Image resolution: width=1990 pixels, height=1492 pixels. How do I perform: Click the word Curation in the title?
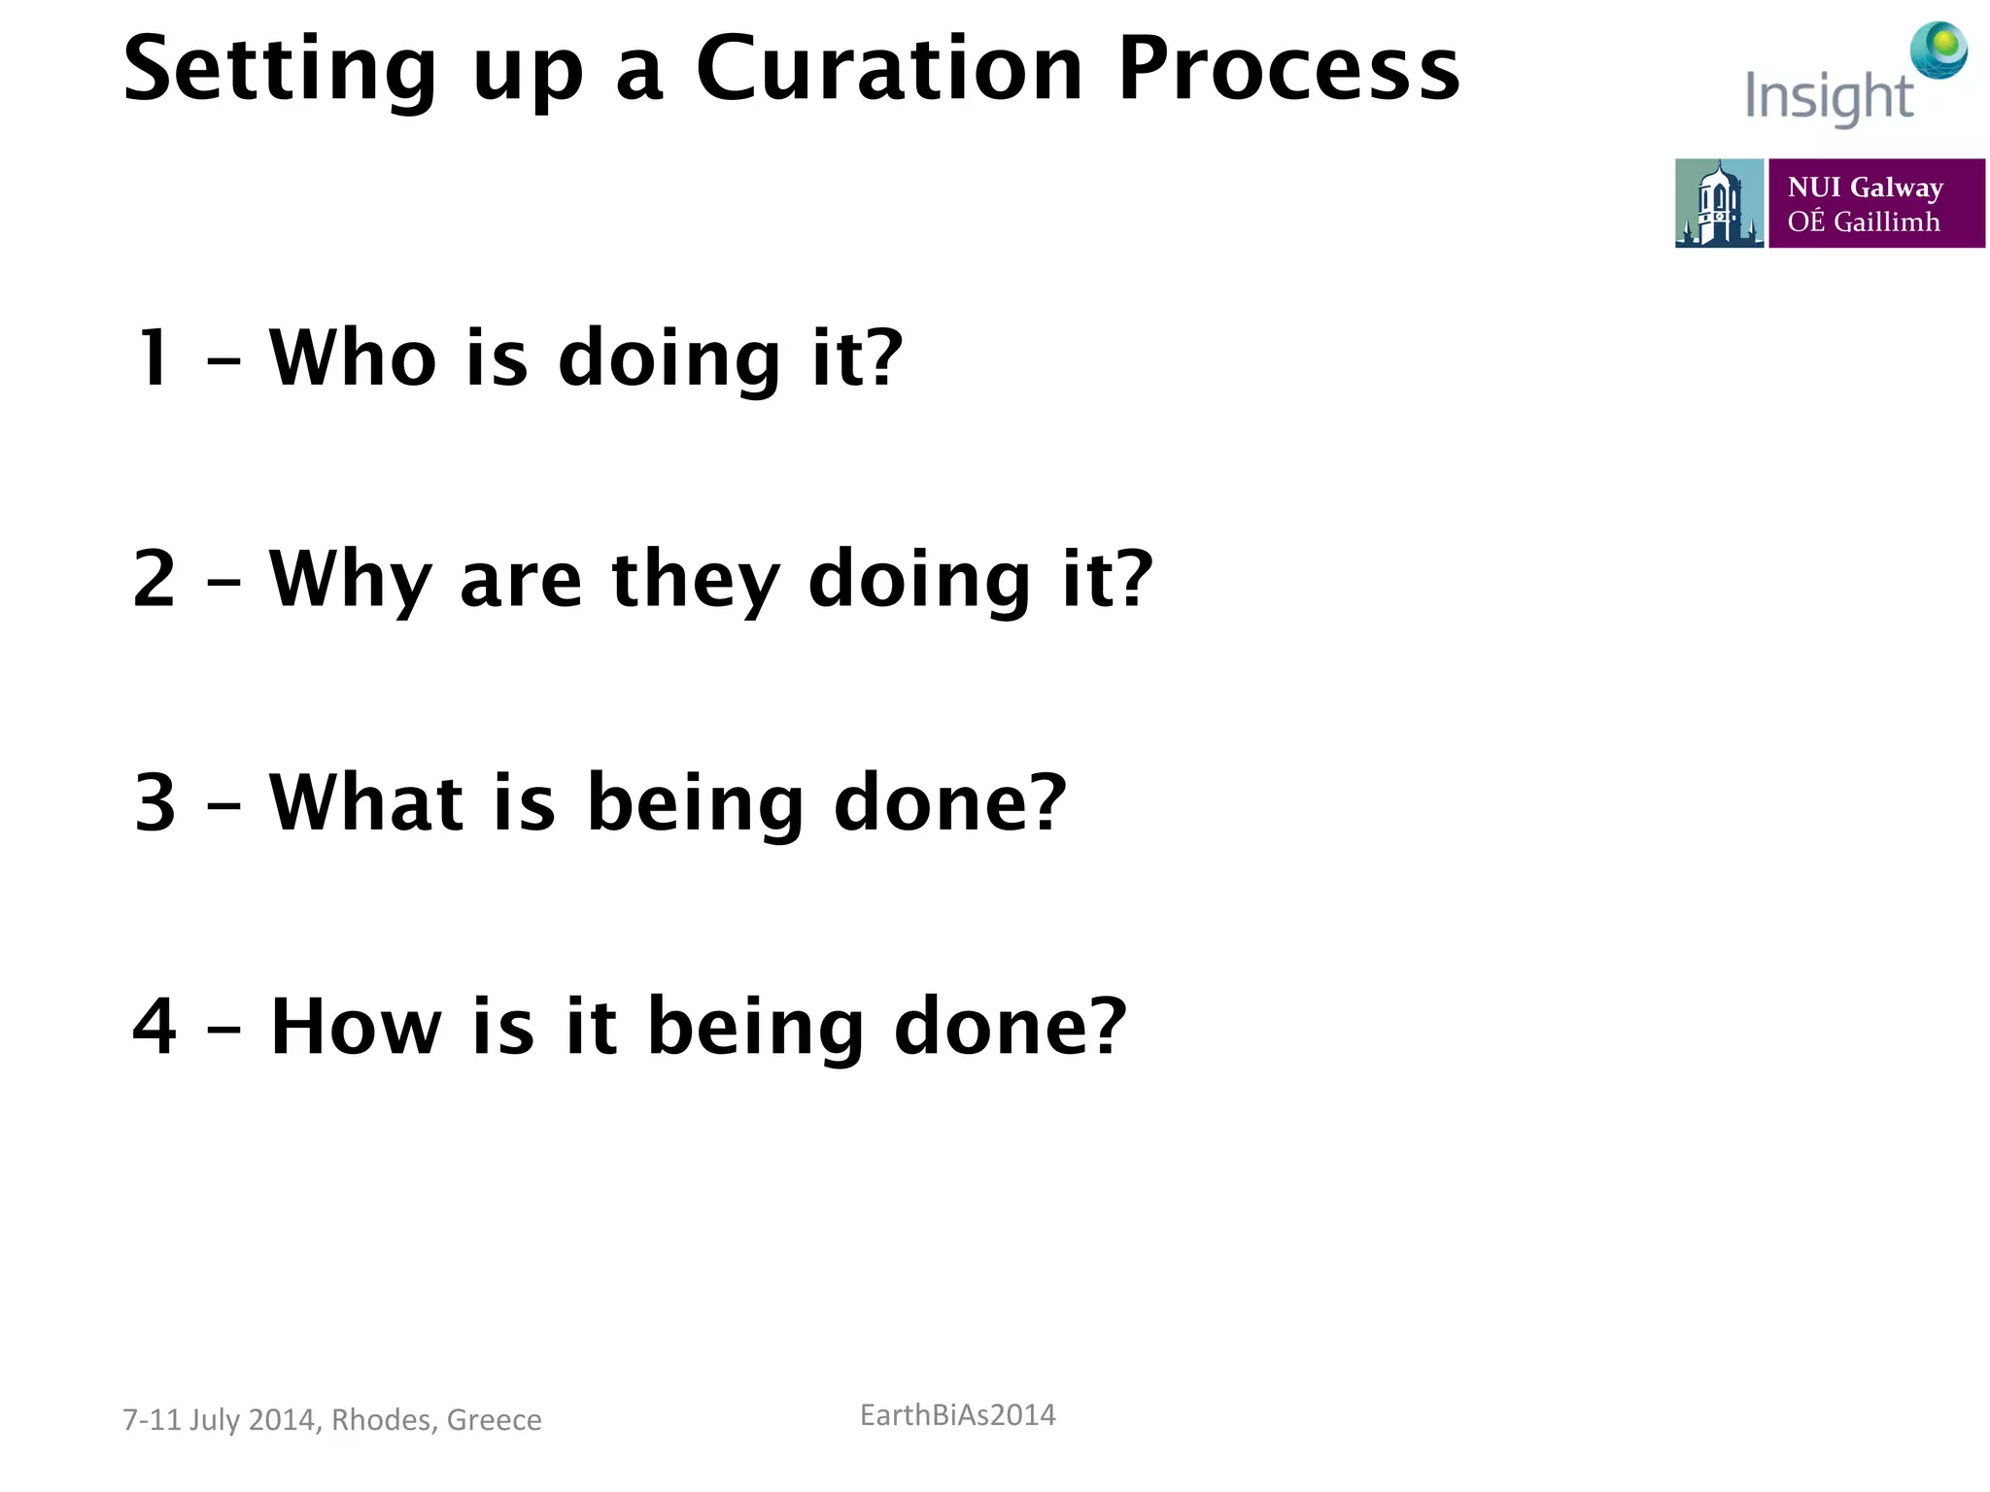(x=888, y=70)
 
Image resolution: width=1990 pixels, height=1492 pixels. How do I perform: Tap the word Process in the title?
(x=1288, y=70)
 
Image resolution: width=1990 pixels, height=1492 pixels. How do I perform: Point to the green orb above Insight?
(x=1939, y=48)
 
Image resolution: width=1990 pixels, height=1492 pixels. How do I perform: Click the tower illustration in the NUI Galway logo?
(x=1718, y=203)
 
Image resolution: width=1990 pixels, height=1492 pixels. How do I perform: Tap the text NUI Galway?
(x=1865, y=186)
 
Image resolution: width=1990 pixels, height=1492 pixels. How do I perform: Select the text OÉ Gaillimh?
(x=1863, y=222)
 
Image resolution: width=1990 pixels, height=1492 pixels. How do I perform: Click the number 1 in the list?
(x=154, y=358)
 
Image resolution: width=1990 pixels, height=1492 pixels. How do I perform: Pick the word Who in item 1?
(x=353, y=358)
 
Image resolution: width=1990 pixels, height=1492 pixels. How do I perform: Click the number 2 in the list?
(x=154, y=579)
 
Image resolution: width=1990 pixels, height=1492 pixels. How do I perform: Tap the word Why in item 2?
(x=350, y=581)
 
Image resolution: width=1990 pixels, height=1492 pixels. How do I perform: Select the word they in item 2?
(x=696, y=581)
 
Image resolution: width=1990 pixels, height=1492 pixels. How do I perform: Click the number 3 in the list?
(x=155, y=803)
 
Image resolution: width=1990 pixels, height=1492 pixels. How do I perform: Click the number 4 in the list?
(x=154, y=1027)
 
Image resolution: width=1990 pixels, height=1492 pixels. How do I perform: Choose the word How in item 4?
(x=356, y=1027)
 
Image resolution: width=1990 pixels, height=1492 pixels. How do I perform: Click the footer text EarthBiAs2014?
(x=957, y=1415)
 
